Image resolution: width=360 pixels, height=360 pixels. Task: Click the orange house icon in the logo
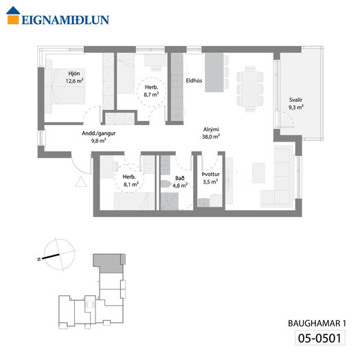pyautogui.click(x=13, y=15)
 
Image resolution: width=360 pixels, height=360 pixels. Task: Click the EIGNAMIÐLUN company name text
pyautogui.click(x=65, y=20)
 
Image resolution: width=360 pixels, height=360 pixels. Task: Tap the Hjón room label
pyautogui.click(x=74, y=74)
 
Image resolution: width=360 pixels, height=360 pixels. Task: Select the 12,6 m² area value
pyautogui.click(x=74, y=81)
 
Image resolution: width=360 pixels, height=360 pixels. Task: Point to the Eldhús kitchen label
pyautogui.click(x=194, y=80)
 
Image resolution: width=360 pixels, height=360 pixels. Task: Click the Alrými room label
pyautogui.click(x=211, y=129)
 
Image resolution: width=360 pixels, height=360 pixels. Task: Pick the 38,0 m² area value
pyautogui.click(x=211, y=137)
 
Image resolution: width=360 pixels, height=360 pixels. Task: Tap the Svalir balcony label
pyautogui.click(x=295, y=100)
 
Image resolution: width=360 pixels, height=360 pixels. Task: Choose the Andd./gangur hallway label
pyautogui.click(x=99, y=133)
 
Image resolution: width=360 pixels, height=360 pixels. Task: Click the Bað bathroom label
pyautogui.click(x=180, y=178)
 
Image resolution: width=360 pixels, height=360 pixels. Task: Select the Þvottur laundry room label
pyautogui.click(x=211, y=175)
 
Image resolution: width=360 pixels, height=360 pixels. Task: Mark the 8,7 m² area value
pyautogui.click(x=151, y=94)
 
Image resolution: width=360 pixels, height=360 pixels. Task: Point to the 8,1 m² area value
pyautogui.click(x=131, y=184)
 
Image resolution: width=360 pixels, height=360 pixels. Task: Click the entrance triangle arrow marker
pyautogui.click(x=81, y=182)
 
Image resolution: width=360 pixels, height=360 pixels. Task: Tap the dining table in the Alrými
pyautogui.click(x=250, y=89)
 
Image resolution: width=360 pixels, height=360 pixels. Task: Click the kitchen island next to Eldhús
pyautogui.click(x=214, y=72)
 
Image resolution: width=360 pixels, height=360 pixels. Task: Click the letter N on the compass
pyautogui.click(x=39, y=259)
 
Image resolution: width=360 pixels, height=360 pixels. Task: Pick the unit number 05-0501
pyautogui.click(x=320, y=338)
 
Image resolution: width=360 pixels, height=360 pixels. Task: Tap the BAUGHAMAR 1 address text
pyautogui.click(x=317, y=324)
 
